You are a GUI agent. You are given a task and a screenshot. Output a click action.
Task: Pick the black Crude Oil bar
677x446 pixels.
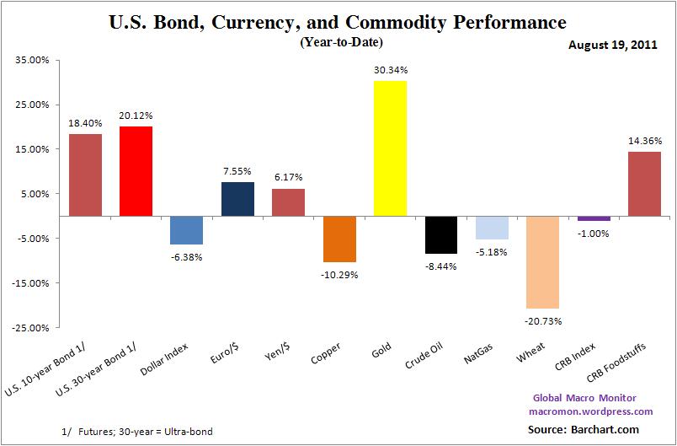click(440, 234)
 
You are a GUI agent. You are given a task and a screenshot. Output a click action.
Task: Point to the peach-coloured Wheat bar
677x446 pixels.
click(542, 262)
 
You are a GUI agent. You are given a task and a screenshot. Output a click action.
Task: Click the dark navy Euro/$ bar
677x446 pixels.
click(237, 199)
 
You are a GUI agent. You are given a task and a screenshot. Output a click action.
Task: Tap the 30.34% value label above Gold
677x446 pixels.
click(390, 69)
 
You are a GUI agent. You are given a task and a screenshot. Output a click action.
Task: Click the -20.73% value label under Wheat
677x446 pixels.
click(543, 320)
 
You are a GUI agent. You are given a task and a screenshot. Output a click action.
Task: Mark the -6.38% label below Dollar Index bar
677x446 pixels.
click(187, 256)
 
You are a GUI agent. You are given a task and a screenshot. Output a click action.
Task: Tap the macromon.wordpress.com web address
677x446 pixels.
click(590, 411)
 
